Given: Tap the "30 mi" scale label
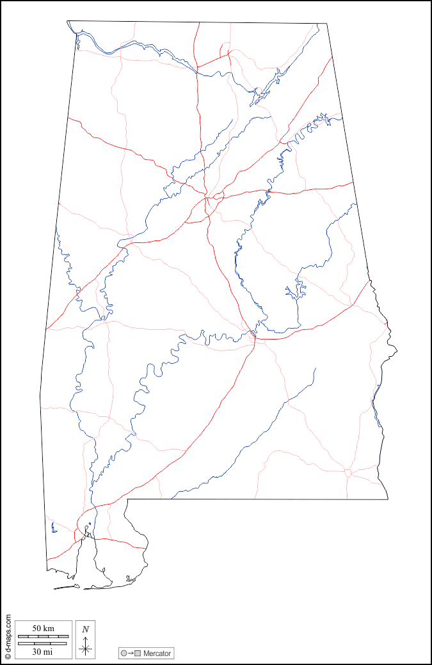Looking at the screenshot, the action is pyautogui.click(x=42, y=652).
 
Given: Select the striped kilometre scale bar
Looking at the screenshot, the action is pyautogui.click(x=42, y=636).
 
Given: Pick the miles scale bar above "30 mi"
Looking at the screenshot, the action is pyautogui.click(x=42, y=643).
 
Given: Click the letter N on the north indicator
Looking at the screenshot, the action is pyautogui.click(x=85, y=629).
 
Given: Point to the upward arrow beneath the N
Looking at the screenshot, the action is pyautogui.click(x=85, y=640).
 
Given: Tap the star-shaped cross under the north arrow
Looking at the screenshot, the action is pyautogui.click(x=85, y=650).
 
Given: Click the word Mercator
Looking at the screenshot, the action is pyautogui.click(x=157, y=653).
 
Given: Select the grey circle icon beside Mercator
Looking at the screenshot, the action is pyautogui.click(x=124, y=653).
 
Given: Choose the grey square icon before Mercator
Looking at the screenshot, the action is pyautogui.click(x=137, y=653).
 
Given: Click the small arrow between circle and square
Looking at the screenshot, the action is pyautogui.click(x=131, y=653).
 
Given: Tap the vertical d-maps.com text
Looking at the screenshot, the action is pyautogui.click(x=8, y=633).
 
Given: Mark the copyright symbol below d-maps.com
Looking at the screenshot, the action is pyautogui.click(x=8, y=656).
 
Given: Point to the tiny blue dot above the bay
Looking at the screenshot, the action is pyautogui.click(x=90, y=524).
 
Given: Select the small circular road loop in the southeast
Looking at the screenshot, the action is pyautogui.click(x=348, y=473).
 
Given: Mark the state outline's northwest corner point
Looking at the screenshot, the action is pyautogui.click(x=67, y=21).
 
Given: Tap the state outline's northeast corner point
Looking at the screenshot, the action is pyautogui.click(x=327, y=24).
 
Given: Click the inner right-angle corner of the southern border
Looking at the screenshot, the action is pyautogui.click(x=127, y=499).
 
